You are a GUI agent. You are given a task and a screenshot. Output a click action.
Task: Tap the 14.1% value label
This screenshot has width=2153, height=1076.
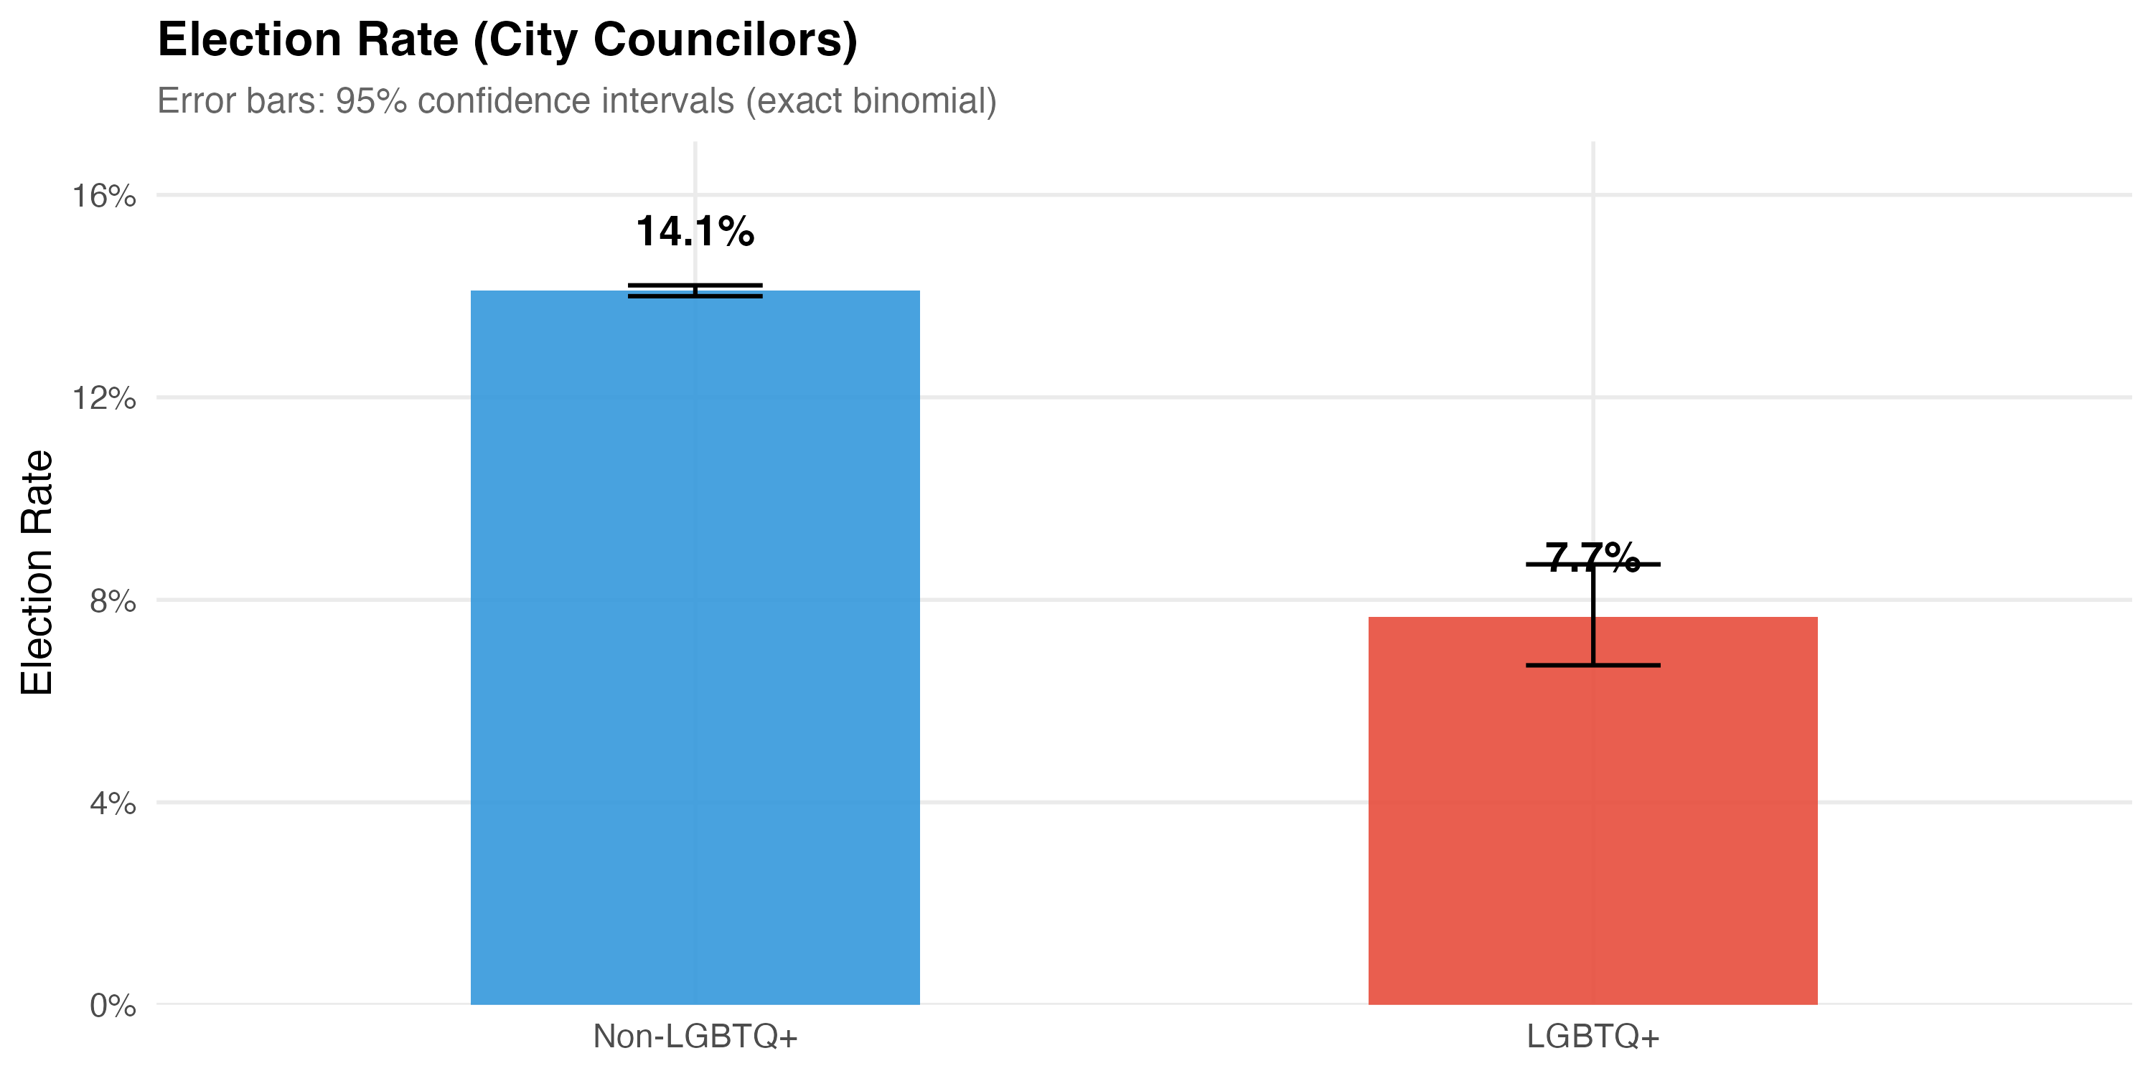click(695, 232)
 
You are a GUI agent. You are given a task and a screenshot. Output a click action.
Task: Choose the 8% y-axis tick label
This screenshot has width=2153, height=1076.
click(113, 600)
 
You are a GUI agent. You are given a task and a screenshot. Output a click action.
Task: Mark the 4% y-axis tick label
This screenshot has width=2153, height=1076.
click(113, 803)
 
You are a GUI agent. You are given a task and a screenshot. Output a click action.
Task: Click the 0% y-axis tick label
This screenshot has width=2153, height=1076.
click(113, 1006)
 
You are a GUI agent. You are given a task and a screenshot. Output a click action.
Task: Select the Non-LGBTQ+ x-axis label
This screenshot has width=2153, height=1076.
click(695, 1037)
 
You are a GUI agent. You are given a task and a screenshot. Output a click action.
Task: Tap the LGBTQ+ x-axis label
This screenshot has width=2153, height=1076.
click(1593, 1037)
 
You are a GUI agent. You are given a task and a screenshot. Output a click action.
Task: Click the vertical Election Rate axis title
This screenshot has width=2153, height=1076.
click(37, 572)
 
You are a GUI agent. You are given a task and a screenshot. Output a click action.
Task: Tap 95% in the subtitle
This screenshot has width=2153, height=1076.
click(370, 101)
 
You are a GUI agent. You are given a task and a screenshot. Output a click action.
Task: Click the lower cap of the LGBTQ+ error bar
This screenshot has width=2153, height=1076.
click(1593, 665)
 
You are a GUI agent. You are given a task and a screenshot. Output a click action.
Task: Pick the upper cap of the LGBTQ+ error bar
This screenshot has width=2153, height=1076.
click(1593, 565)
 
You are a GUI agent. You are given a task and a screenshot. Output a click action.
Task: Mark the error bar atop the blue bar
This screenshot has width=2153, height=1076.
click(695, 290)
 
